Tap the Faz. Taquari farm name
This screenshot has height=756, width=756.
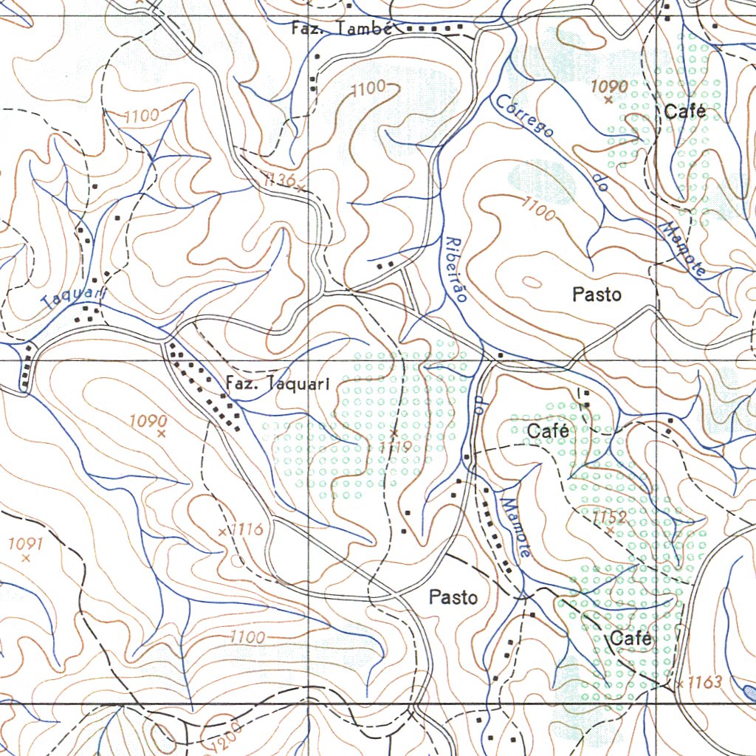277,383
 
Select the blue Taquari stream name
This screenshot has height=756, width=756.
75,298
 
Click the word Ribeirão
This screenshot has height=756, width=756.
456,269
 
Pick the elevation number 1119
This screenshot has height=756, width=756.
396,447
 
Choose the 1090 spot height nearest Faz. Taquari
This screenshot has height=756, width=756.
148,422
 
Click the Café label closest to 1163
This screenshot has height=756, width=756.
629,639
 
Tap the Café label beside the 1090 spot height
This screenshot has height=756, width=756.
684,111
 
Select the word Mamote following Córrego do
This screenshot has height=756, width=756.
682,249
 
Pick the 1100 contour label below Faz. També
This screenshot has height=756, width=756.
368,89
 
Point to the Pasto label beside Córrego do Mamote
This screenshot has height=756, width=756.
597,295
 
